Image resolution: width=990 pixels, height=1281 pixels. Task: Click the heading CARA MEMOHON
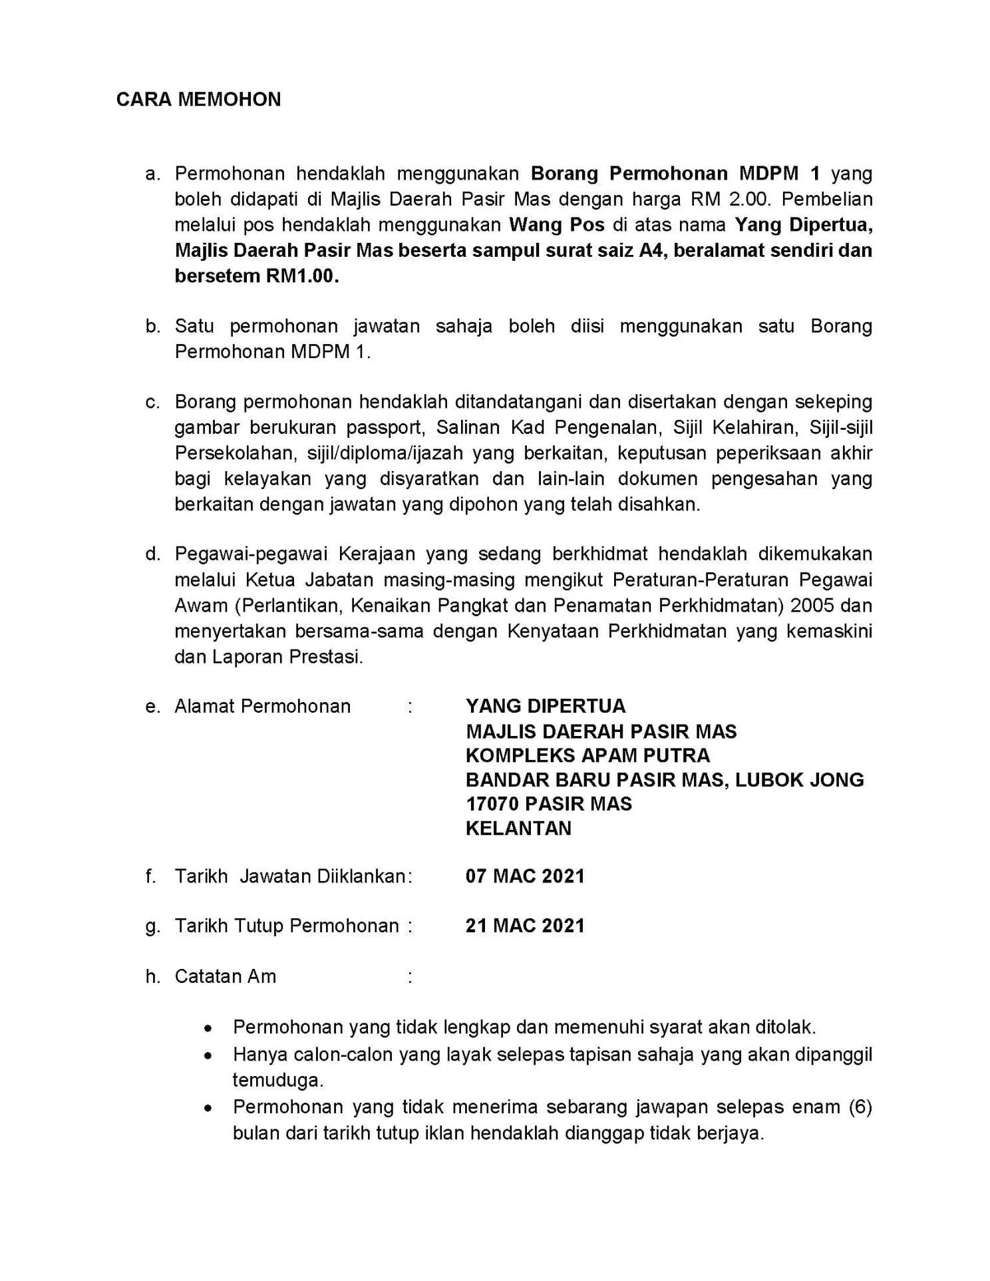point(198,99)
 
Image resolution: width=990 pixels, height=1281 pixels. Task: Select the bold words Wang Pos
point(557,225)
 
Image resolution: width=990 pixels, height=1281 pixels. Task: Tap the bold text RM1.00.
point(303,276)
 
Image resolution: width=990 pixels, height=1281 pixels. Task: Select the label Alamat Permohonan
point(262,706)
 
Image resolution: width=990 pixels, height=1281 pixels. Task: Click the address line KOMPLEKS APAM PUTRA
point(587,755)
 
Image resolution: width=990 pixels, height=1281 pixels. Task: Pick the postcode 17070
point(492,804)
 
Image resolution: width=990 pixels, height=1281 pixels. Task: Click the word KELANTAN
point(518,828)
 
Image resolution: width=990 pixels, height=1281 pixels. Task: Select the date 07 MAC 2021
point(525,876)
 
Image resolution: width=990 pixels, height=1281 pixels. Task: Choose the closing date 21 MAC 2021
point(525,926)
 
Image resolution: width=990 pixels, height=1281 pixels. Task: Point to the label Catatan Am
point(225,976)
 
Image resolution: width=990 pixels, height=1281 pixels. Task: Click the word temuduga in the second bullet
point(277,1080)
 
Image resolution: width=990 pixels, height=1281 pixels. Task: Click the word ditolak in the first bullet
point(784,1027)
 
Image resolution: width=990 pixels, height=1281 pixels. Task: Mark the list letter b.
point(153,326)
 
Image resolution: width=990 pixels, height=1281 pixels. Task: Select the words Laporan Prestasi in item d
point(287,657)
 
